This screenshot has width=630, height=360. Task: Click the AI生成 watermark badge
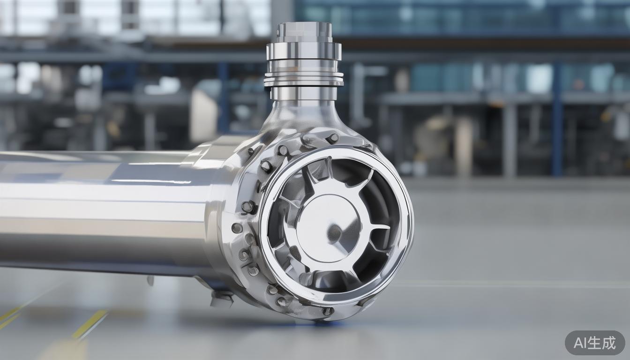(595, 343)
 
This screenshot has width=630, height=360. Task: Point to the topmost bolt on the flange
(332, 138)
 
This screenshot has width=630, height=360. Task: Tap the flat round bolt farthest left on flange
(237, 228)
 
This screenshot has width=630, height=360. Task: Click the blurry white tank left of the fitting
(203, 115)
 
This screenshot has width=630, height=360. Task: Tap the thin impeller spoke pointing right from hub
(375, 227)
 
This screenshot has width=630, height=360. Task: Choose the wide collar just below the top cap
(304, 51)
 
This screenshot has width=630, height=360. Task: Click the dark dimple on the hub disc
(334, 232)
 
